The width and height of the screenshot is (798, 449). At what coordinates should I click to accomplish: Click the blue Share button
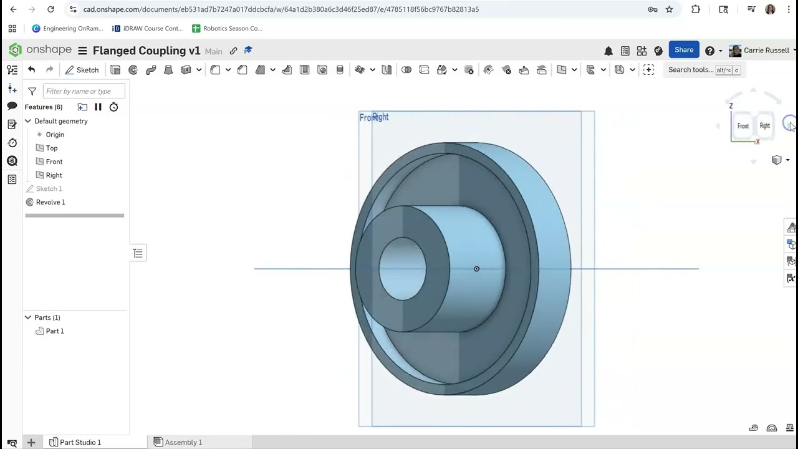pos(683,50)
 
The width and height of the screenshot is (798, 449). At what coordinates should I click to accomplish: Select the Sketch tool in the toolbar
pos(82,70)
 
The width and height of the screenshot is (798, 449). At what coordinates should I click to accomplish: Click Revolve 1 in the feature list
pos(50,202)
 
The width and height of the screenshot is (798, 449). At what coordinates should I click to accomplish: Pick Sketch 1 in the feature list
pos(49,188)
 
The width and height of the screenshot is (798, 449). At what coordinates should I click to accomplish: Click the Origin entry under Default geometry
pos(54,135)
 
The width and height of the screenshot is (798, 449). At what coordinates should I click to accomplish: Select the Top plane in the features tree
pos(51,148)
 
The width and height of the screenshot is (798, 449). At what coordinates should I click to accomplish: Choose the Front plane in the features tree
pos(54,162)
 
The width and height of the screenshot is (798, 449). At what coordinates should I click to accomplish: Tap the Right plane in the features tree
pos(54,175)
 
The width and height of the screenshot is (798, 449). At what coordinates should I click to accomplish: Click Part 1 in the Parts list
pos(54,331)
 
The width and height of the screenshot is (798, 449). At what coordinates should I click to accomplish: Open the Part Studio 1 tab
pos(80,442)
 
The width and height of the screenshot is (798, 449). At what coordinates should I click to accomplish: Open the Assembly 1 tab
pos(183,442)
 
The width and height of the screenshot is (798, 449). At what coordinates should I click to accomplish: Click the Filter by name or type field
pos(84,91)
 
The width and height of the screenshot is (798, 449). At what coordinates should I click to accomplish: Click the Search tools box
pos(691,70)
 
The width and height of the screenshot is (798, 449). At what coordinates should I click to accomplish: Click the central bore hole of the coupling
pos(403,269)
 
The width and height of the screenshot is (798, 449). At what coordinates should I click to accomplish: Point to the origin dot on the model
pos(476,269)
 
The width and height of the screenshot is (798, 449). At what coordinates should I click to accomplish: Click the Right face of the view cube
pos(764,126)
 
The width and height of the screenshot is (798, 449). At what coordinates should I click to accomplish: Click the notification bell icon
pos(608,51)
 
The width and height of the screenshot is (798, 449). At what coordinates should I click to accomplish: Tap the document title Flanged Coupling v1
pos(147,51)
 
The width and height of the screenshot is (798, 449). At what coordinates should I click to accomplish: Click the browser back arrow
pos(13,9)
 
